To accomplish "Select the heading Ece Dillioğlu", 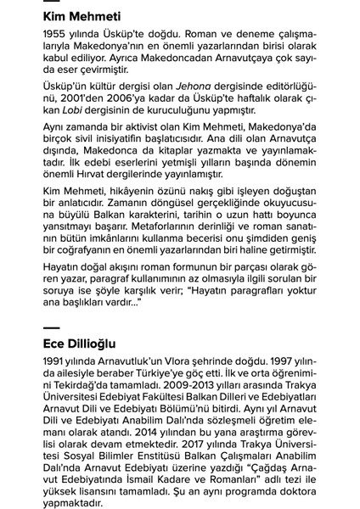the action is (x=80, y=344).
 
